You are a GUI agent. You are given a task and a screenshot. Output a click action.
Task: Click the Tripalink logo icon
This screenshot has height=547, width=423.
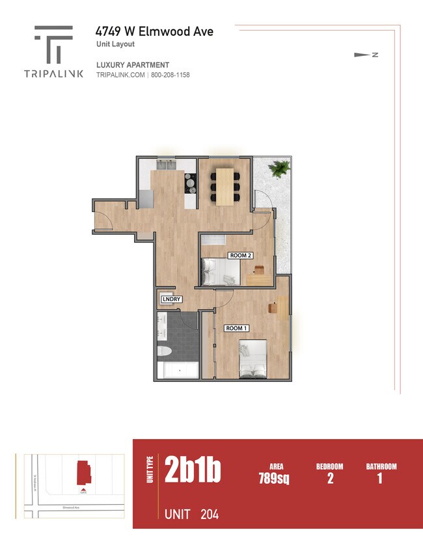53,44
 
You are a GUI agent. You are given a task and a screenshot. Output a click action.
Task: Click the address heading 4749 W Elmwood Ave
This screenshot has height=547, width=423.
154,31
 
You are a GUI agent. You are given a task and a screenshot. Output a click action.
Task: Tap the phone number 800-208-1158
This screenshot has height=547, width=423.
171,75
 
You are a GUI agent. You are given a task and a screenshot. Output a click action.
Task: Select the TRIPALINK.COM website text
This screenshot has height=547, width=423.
121,75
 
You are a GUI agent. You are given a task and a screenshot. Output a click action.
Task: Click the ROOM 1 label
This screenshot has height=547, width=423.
236,328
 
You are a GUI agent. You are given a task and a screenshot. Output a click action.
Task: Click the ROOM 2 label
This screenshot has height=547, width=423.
239,256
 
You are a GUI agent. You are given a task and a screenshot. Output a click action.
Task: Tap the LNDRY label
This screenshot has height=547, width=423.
171,299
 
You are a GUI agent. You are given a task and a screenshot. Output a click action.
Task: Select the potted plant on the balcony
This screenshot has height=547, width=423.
280,169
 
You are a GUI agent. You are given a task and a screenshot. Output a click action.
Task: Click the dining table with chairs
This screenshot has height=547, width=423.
225,185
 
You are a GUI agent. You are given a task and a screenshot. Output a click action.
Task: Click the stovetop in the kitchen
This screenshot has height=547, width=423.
191,184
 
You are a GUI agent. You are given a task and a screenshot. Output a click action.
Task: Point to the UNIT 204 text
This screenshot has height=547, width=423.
191,514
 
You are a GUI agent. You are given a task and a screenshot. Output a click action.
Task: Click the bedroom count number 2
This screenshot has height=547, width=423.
329,479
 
